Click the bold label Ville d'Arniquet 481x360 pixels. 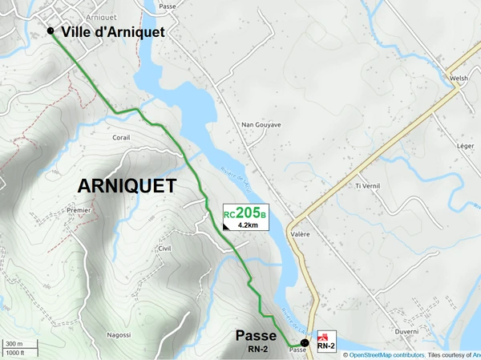click(113, 32)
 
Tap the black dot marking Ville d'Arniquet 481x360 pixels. click(51, 31)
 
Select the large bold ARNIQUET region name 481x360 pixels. click(127, 186)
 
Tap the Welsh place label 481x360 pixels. click(458, 79)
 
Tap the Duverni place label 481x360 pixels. click(406, 330)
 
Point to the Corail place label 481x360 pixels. click(121, 138)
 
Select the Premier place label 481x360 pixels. click(79, 210)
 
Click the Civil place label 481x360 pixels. click(164, 249)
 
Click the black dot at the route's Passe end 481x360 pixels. click(305, 342)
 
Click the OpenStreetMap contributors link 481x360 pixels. click(386, 354)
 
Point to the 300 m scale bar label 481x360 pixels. click(14, 343)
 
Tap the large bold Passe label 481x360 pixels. click(257, 335)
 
